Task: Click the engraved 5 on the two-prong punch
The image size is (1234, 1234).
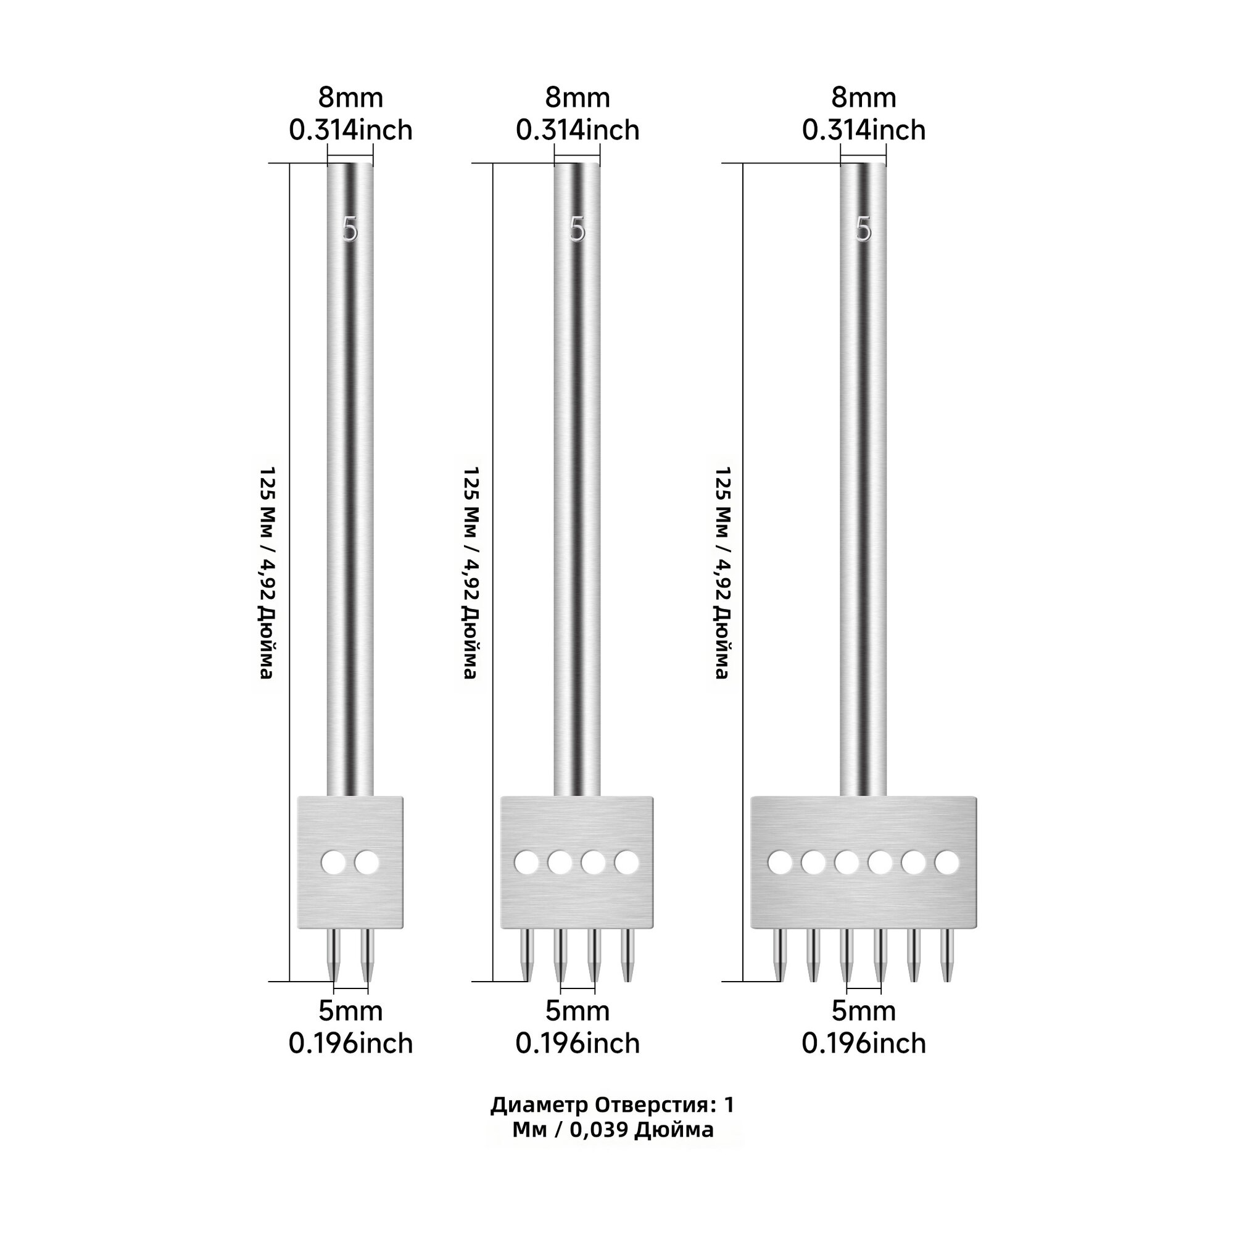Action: [350, 230]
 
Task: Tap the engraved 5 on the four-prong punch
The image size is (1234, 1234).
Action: [578, 230]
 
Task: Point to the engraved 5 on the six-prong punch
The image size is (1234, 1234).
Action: [864, 230]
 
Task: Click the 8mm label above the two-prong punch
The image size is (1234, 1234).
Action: [350, 97]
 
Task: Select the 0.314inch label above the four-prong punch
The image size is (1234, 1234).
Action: [578, 130]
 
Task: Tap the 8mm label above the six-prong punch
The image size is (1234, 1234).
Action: [864, 97]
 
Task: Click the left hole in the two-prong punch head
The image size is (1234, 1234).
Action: [333, 863]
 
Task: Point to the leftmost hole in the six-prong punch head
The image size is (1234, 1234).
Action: [780, 863]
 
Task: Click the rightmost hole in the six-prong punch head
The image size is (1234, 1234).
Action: [946, 863]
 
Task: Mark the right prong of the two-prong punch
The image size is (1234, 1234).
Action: [367, 955]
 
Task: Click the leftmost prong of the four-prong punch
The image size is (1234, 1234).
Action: [526, 955]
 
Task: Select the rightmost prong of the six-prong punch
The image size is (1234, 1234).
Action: [946, 955]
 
